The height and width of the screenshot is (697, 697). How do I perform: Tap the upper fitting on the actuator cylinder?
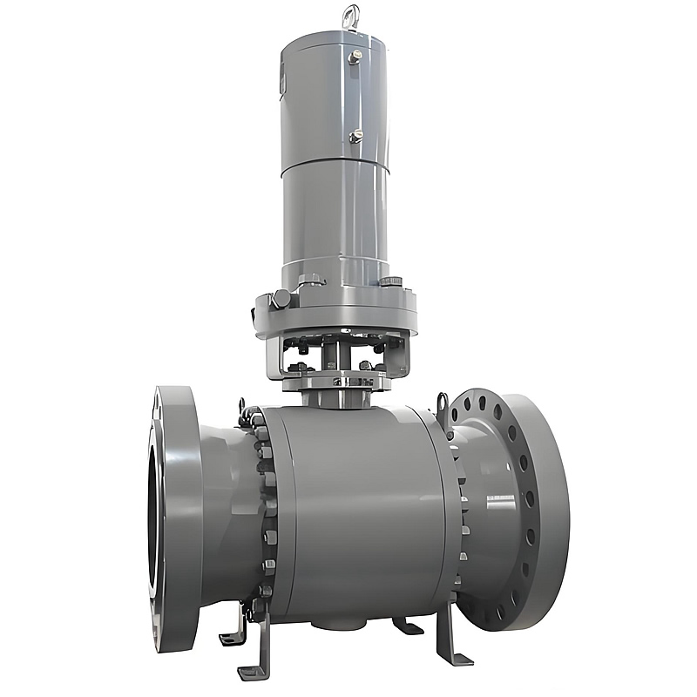tap(355, 58)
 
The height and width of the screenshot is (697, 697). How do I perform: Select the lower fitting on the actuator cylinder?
tap(355, 137)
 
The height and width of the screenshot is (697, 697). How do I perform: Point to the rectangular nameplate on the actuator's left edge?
tap(283, 83)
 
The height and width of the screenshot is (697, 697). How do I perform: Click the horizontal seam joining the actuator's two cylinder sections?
tap(335, 163)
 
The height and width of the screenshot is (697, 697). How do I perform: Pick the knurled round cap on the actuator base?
tap(391, 281)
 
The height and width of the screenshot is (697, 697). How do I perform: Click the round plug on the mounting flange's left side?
tap(281, 299)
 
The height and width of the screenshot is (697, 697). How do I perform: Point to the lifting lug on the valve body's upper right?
tap(443, 404)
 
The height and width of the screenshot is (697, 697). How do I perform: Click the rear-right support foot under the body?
tap(407, 625)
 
